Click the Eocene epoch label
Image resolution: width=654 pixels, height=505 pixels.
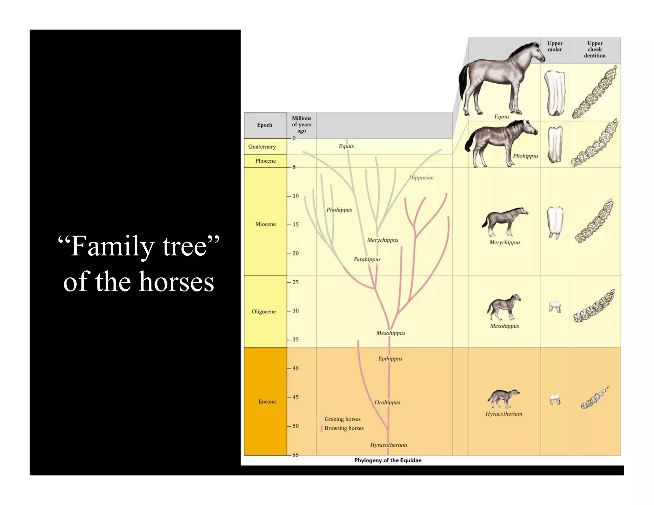point(267,401)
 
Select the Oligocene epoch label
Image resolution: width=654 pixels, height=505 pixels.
point(263,311)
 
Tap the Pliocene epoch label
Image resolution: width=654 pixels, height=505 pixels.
point(265,161)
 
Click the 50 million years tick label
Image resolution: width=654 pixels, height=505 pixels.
point(295,426)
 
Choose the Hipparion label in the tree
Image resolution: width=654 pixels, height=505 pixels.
point(421,177)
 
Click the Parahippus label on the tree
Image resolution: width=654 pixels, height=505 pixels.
point(367,259)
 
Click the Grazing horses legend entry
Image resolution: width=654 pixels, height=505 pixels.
point(342,419)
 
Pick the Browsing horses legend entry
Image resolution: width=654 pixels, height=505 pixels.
point(344,428)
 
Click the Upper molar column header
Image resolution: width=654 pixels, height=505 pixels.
point(555,46)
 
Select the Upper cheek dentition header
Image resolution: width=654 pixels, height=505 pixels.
point(595,49)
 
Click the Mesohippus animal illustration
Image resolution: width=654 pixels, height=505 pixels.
point(504,307)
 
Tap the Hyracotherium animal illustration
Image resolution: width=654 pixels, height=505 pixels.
point(503,398)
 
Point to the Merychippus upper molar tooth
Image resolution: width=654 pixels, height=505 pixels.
point(555,222)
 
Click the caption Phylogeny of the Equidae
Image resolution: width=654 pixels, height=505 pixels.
point(387,460)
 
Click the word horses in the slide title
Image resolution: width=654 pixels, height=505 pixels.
point(177,282)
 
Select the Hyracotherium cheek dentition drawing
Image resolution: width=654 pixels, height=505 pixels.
point(594,398)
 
